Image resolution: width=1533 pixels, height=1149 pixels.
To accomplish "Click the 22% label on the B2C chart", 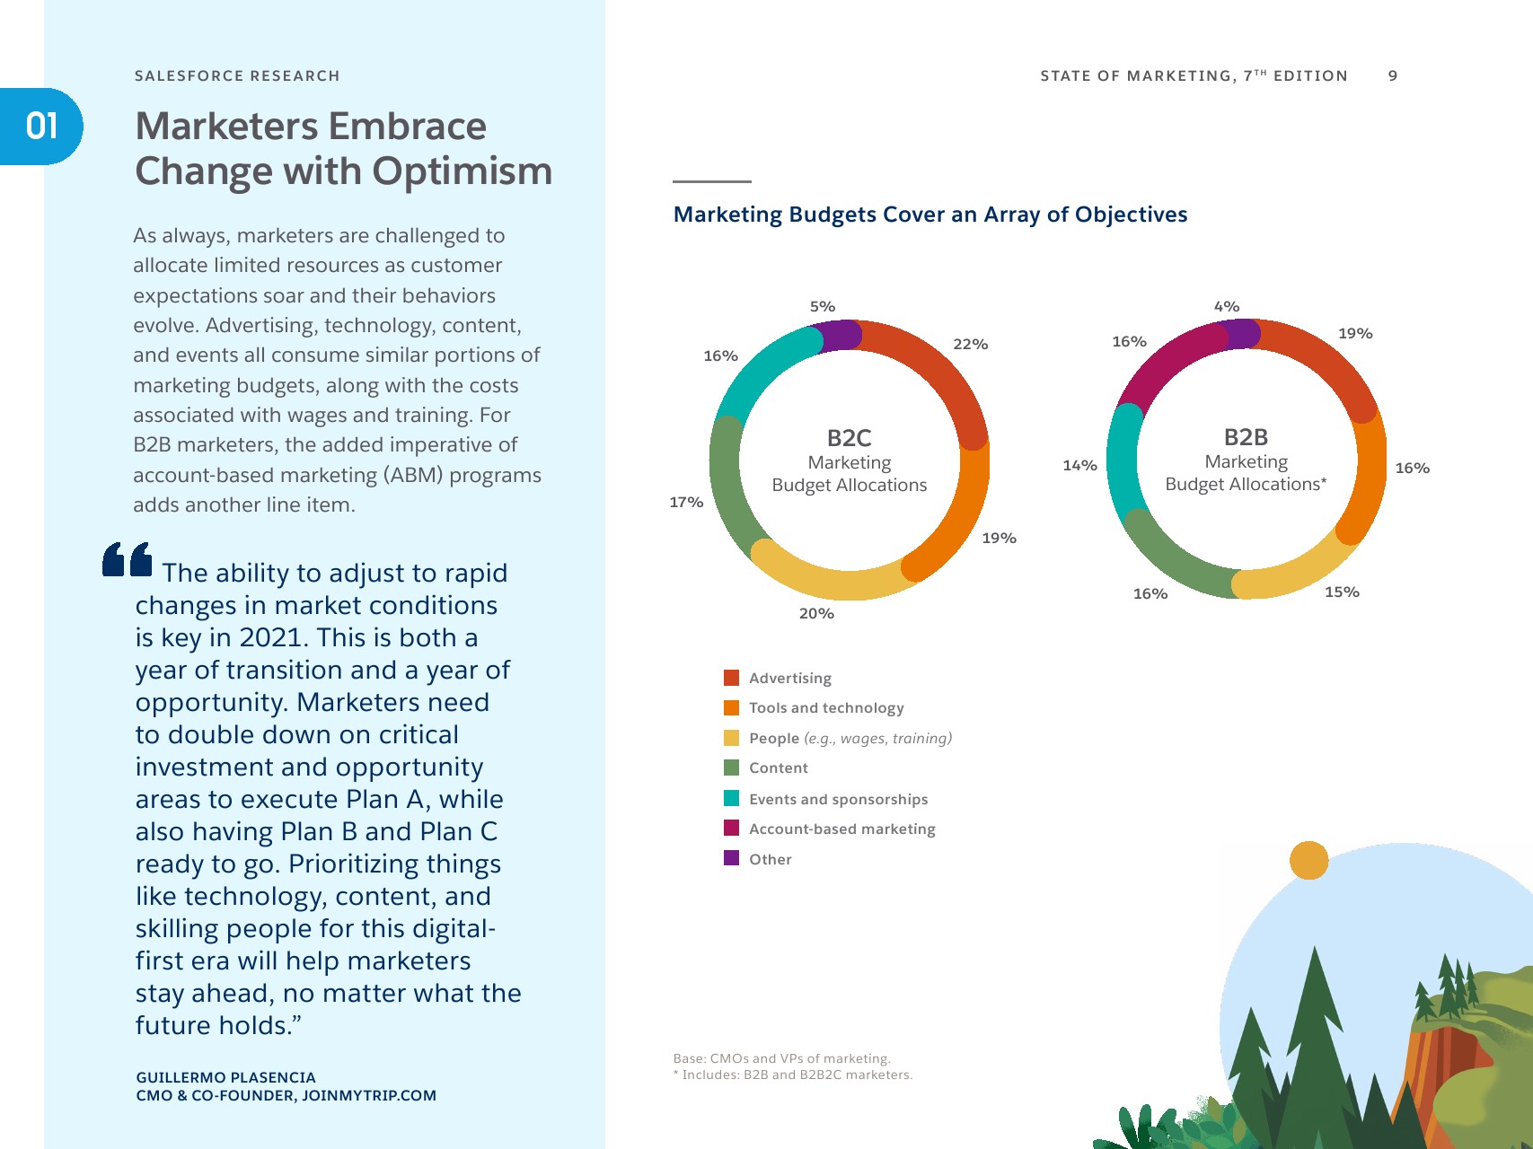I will [x=970, y=345].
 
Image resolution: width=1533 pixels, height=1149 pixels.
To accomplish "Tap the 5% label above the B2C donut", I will [x=822, y=307].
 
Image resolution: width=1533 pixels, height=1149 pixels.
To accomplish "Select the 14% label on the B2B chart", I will [x=1079, y=466].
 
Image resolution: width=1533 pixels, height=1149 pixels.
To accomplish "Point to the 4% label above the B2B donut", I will [x=1226, y=307].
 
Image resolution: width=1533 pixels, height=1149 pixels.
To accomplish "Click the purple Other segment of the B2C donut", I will [x=842, y=336].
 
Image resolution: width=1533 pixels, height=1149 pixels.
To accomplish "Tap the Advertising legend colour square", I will [x=732, y=678].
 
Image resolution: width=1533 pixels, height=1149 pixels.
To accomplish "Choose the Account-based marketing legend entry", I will [x=841, y=829].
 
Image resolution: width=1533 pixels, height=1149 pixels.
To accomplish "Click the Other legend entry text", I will [x=771, y=860].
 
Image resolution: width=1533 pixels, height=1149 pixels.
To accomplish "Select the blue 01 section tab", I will [x=41, y=127].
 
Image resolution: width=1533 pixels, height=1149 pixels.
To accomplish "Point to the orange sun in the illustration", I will [x=1308, y=860].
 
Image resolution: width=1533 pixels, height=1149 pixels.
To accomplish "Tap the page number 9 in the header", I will [x=1393, y=76].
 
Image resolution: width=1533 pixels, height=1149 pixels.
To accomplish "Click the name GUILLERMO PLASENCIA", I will [x=225, y=1077].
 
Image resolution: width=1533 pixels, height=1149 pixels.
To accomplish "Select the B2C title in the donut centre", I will [x=849, y=438].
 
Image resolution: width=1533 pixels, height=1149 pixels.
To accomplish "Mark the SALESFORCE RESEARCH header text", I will [x=237, y=76].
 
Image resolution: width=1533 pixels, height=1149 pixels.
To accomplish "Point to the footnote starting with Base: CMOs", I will [x=781, y=1059].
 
